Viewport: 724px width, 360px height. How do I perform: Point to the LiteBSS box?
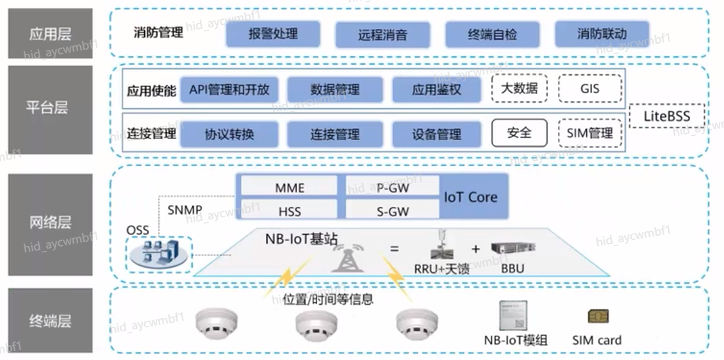[x=667, y=117]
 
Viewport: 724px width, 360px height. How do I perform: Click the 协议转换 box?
[x=229, y=135]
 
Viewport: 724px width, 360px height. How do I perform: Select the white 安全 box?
[x=519, y=133]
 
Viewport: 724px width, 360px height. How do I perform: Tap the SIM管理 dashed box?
[x=589, y=133]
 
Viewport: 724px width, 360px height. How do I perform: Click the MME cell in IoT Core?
[x=290, y=188]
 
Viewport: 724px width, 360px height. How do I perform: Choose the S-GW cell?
[x=393, y=210]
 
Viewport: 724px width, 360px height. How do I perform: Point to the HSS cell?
[x=290, y=210]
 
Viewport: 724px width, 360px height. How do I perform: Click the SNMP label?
[x=185, y=210]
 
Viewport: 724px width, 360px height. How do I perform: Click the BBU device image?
[x=513, y=249]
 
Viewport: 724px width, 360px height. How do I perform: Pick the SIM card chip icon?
[x=598, y=316]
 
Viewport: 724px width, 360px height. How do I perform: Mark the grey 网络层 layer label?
[x=50, y=223]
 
